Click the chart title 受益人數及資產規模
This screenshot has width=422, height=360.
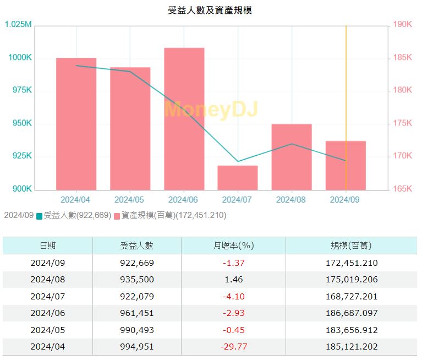tap(210, 10)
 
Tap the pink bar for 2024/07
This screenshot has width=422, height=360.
tap(238, 177)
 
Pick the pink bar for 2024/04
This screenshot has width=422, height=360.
tap(76, 124)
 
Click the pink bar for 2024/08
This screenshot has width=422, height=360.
tap(292, 157)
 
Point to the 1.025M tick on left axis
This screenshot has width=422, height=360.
tap(18, 25)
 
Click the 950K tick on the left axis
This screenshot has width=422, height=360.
tap(21, 123)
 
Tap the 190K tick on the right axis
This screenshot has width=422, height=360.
tap(403, 25)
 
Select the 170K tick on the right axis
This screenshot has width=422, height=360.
tap(403, 156)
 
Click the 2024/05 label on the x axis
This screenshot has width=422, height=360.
tap(130, 200)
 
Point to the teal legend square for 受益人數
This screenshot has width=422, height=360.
tap(39, 216)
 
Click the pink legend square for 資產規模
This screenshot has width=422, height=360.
tap(117, 216)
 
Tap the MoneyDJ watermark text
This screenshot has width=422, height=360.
tap(211, 110)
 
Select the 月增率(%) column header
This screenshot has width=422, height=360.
tap(233, 246)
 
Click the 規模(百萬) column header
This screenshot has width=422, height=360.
tap(351, 246)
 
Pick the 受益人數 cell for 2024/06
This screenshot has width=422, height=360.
tap(137, 313)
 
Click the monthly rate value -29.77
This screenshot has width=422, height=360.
tap(233, 347)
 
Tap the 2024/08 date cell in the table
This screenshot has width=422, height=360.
tap(47, 279)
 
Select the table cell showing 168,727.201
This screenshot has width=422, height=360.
tap(351, 296)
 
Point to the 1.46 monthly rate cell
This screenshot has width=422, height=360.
tap(233, 279)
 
